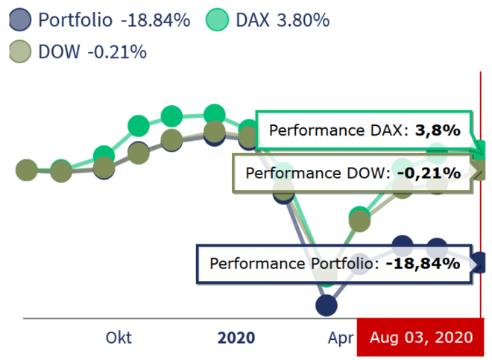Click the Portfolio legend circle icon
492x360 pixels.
tap(19, 20)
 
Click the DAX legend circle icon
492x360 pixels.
tap(217, 20)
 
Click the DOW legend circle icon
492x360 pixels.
tap(19, 51)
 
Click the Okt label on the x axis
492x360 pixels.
tap(119, 338)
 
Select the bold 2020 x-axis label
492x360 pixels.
tap(236, 338)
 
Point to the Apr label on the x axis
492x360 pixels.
tap(340, 338)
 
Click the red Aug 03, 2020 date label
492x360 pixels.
tap(420, 338)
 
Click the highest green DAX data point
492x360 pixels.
tap(214, 115)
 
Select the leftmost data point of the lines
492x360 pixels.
tap(26, 170)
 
